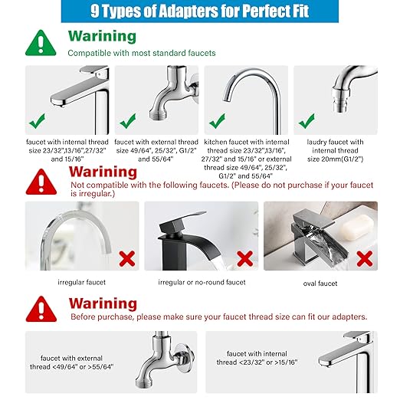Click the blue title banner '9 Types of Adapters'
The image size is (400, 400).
click(201, 12)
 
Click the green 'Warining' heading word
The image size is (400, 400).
click(102, 36)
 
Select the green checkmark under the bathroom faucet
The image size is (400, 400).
click(35, 120)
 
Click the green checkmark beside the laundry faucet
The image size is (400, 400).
click(307, 120)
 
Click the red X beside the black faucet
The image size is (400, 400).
click(245, 257)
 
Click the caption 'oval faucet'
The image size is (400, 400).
click(320, 283)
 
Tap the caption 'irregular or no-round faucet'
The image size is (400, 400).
click(200, 283)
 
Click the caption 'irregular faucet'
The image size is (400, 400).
click(81, 283)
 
